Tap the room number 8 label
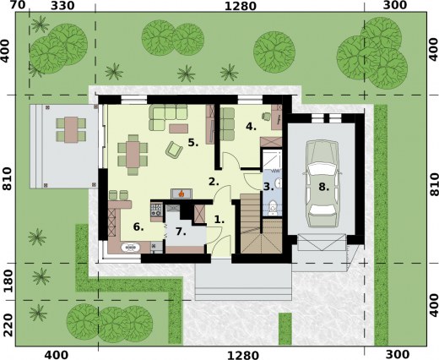click(322, 188)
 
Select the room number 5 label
click(192, 143)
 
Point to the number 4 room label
click(251, 127)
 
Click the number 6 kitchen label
click(138, 226)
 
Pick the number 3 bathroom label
click(267, 186)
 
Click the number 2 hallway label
click(214, 181)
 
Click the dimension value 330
click(62, 7)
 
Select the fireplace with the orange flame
click(178, 193)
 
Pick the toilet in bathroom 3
click(272, 208)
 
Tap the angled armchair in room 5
click(174, 150)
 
